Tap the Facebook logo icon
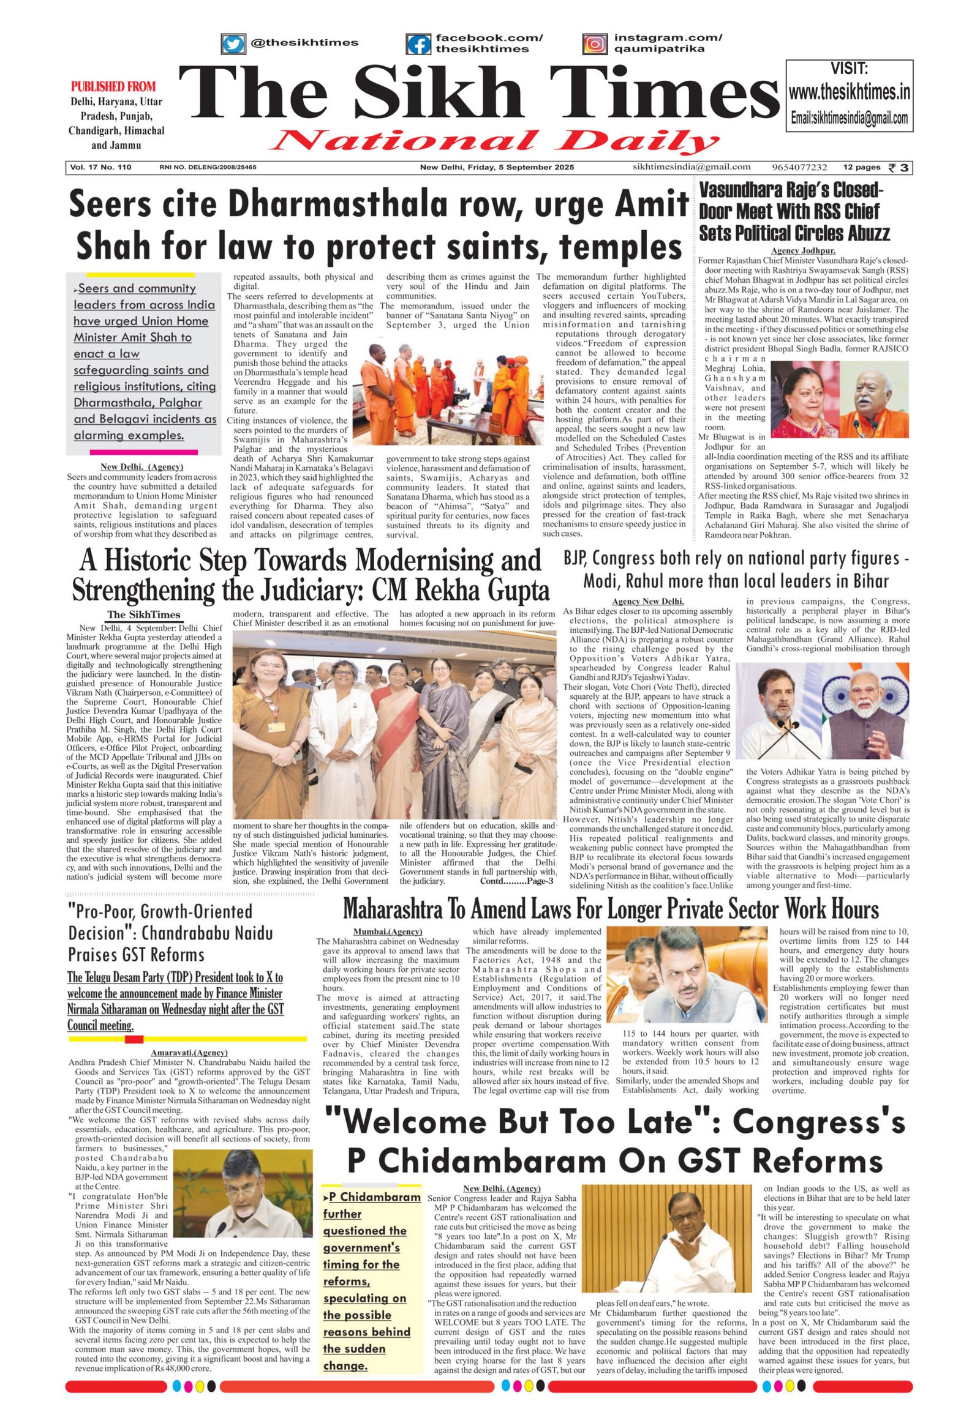(x=418, y=43)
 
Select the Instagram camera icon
(x=594, y=43)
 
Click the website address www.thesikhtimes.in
(x=849, y=92)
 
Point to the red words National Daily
(x=495, y=141)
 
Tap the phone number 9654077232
(x=799, y=167)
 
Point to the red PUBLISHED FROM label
(x=113, y=86)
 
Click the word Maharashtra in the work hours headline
(x=395, y=909)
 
